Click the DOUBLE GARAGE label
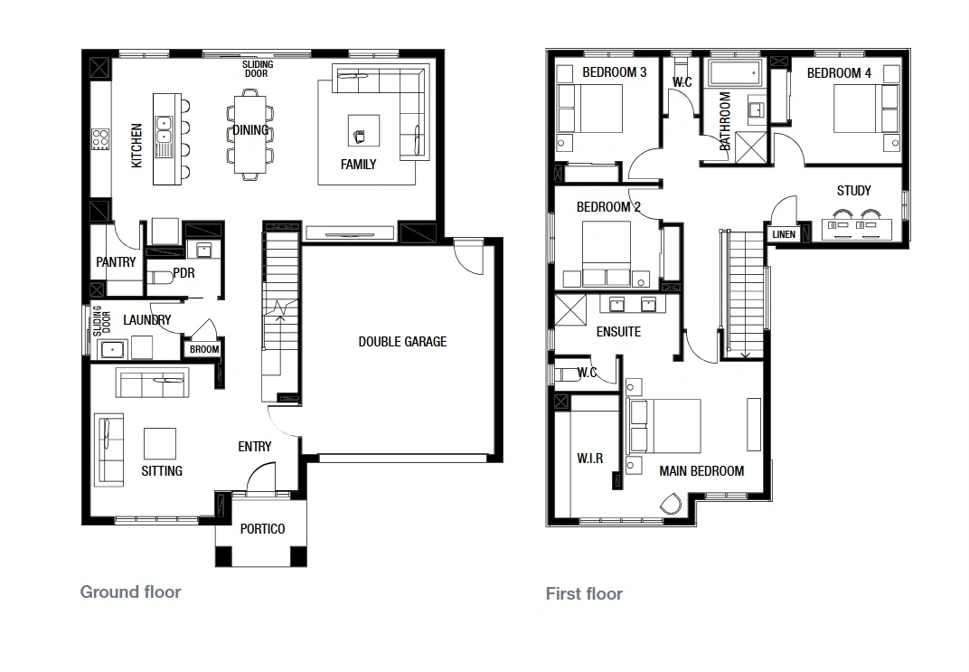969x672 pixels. click(402, 341)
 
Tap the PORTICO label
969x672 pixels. click(263, 528)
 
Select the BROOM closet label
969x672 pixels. click(204, 349)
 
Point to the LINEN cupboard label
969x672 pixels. click(784, 234)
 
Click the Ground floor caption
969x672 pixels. click(130, 592)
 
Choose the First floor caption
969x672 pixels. click(584, 593)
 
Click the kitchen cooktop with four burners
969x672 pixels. click(100, 139)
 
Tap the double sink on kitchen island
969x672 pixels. click(163, 129)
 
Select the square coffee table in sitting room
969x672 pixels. click(159, 444)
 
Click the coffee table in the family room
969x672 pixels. click(363, 130)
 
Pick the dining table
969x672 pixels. click(250, 135)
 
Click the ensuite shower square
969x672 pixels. click(570, 309)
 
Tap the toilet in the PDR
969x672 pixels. click(160, 277)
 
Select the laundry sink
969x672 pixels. click(112, 350)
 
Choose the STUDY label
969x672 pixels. click(854, 191)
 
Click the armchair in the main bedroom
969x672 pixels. click(671, 503)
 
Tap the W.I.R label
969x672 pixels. click(589, 458)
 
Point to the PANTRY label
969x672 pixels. click(116, 262)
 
